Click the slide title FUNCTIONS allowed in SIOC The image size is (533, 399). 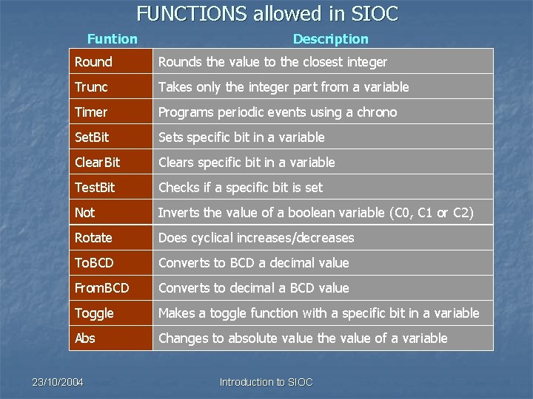point(267,13)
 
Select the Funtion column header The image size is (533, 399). point(112,39)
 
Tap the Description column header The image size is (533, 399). point(330,39)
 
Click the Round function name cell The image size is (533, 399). point(110,62)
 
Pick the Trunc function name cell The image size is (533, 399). point(110,87)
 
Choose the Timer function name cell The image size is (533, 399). point(110,112)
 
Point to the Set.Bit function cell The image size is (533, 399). point(110,137)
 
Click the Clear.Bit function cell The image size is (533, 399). point(110,163)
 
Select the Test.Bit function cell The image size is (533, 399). point(110,188)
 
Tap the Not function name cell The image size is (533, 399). point(110,213)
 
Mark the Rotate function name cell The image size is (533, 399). point(110,238)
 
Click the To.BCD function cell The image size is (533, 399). point(110,263)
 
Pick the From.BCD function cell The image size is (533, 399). point(110,288)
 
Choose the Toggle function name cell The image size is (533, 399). point(110,313)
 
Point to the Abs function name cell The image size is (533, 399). point(110,338)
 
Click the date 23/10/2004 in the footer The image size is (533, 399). point(58,382)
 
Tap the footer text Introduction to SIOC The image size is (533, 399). point(266,382)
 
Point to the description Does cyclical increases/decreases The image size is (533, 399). point(256,238)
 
